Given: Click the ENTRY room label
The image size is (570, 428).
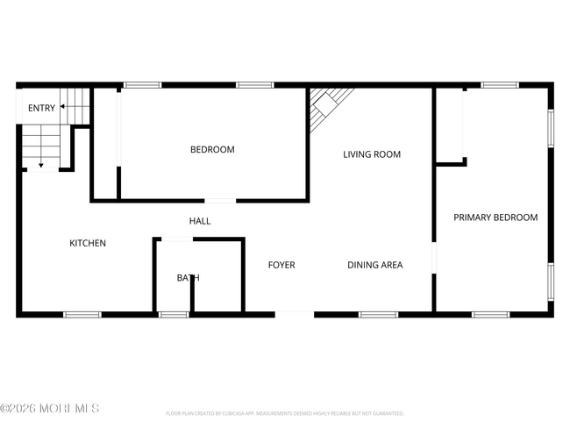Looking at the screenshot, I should tap(41, 109).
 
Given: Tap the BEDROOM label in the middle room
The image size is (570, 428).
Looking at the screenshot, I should tap(212, 150).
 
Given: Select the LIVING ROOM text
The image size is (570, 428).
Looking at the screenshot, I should tap(372, 155).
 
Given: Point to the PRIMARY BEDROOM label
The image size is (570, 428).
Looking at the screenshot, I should tap(495, 218).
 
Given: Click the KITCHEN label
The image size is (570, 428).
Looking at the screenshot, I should tap(88, 244).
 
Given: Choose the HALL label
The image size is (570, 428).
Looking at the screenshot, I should tap(200, 222).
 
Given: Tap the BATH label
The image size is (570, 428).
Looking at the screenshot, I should tap(188, 278).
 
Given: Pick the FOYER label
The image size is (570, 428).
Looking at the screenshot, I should tap(281, 265).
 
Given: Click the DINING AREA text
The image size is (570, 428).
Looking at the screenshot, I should tap(374, 265).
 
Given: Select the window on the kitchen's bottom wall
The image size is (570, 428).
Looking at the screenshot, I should tap(82, 314).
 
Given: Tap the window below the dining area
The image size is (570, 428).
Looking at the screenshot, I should tap(378, 314).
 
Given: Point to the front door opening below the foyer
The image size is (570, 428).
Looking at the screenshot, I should tap(294, 313).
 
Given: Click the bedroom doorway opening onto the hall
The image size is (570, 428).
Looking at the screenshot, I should tap(220, 201).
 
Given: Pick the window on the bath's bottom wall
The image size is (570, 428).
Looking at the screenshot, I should tap(174, 314).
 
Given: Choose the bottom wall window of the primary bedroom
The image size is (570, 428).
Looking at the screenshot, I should tap(490, 314).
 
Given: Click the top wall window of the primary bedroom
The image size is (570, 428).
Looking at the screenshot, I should tap(499, 85).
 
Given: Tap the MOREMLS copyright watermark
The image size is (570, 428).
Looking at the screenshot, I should tap(50, 409).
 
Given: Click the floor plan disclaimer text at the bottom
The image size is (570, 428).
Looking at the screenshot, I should tap(284, 413).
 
